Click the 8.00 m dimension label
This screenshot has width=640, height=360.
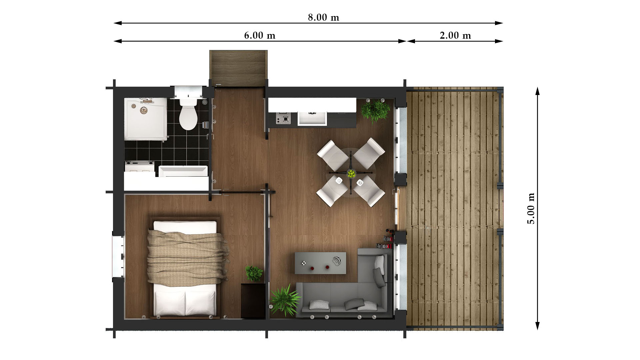[x=323, y=17]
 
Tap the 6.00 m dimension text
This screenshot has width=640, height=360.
[x=260, y=35]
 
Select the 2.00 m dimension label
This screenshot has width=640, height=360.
[x=455, y=35]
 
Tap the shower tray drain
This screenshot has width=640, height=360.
[x=144, y=110]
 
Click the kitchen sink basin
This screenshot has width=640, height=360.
[x=312, y=119]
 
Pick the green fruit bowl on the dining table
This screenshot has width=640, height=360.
[x=351, y=173]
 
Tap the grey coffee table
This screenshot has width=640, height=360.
[x=320, y=263]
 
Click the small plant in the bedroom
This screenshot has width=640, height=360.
[x=254, y=273]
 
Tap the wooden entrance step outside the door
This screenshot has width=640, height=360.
[x=238, y=68]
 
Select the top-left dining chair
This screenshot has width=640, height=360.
[x=332, y=155]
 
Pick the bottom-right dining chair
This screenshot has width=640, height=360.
[x=369, y=191]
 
